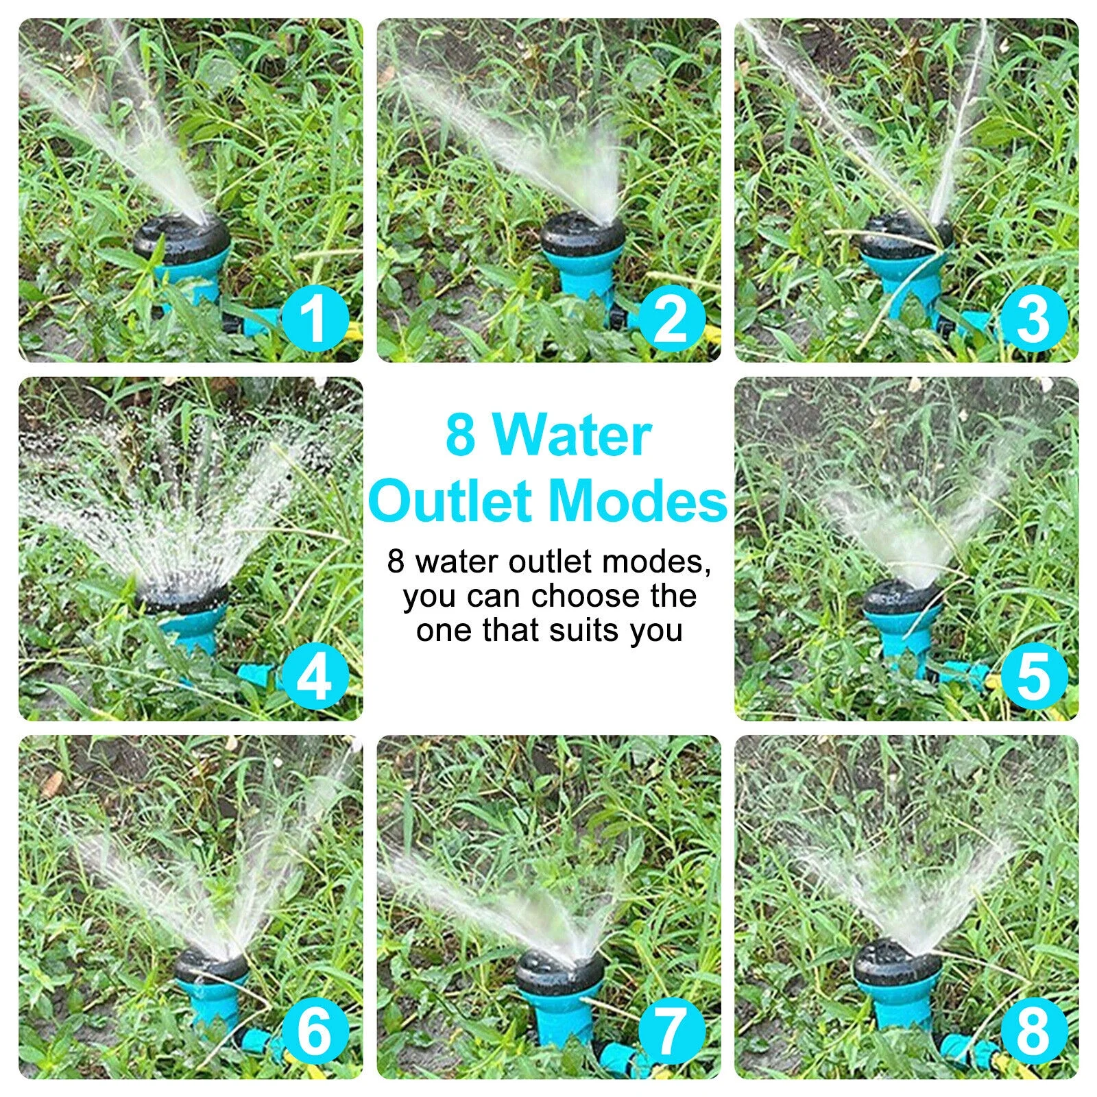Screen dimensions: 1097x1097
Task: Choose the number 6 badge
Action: click(315, 1031)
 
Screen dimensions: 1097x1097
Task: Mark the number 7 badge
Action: click(671, 1031)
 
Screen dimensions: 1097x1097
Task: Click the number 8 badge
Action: click(1033, 1031)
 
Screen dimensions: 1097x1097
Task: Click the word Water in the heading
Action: click(572, 436)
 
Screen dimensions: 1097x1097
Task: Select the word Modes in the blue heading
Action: click(638, 501)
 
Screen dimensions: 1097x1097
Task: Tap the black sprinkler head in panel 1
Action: click(182, 237)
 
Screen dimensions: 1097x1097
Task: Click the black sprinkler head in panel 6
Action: click(210, 967)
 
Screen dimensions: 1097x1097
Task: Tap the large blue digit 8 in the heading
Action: click(460, 436)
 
